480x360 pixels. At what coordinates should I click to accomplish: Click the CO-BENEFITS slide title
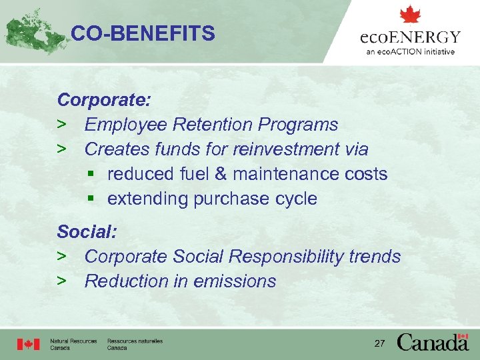(x=143, y=33)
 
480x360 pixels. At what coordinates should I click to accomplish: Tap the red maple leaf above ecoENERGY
(x=410, y=15)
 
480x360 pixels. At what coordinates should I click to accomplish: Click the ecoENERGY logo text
(x=410, y=37)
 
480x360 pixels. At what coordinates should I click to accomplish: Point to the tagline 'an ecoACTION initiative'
(x=410, y=51)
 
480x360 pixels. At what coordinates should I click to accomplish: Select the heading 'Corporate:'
(x=104, y=100)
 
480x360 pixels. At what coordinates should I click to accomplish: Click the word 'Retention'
(x=213, y=125)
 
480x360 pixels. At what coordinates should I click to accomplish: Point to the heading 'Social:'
(x=87, y=232)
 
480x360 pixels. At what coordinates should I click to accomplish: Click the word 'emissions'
(x=235, y=281)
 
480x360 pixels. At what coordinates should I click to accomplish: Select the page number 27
(x=380, y=343)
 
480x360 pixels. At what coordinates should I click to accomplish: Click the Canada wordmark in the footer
(x=433, y=342)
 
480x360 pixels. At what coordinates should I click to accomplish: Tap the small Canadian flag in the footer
(x=29, y=344)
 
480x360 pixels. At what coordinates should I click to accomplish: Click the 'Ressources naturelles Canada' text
(x=135, y=344)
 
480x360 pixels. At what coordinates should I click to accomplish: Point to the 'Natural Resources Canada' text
(x=73, y=344)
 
